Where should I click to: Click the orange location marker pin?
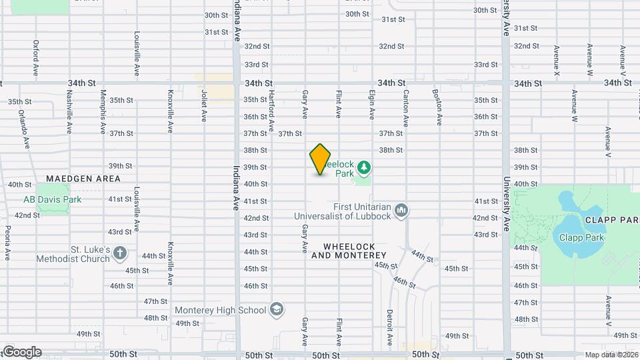tap(320, 159)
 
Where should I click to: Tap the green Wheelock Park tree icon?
tap(364, 166)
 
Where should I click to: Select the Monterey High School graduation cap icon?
tap(277, 309)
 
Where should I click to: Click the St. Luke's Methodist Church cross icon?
tap(120, 253)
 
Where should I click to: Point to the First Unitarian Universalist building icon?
tap(401, 211)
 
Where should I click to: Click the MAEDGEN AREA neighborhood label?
tap(83, 179)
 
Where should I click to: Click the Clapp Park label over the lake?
tap(577, 237)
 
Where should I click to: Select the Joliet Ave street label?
tap(203, 105)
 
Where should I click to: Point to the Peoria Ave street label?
tap(7, 243)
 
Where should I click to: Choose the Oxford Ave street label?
tap(36, 57)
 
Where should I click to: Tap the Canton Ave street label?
tap(405, 108)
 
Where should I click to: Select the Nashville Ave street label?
tap(69, 108)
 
